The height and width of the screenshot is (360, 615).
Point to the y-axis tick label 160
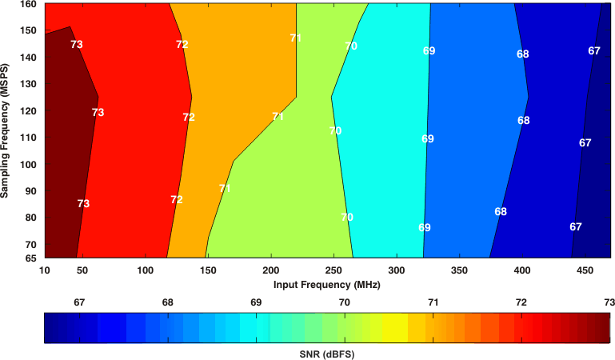pos(29,5)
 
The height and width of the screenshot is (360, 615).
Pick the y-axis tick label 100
pos(29,164)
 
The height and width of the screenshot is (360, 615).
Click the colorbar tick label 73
pos(609,302)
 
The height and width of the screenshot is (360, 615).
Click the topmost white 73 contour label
pos(77,45)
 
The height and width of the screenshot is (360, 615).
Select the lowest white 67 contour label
pos(576,226)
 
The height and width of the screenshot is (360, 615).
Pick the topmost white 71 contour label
pos(296,38)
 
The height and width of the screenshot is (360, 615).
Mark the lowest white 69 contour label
pos(425,227)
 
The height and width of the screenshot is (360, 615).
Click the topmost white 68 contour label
pos(522,54)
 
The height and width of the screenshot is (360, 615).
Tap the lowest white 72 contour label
pos(177,199)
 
